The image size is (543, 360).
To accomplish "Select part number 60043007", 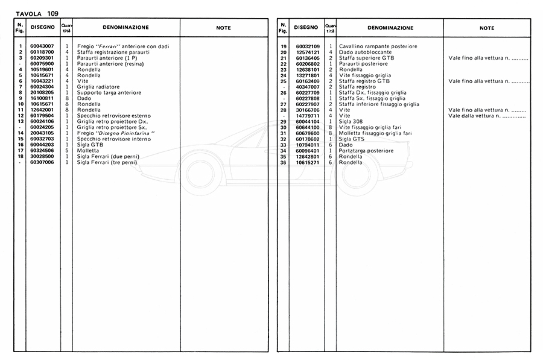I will (x=42, y=46).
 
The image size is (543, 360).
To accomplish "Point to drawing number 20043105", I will (x=42, y=133).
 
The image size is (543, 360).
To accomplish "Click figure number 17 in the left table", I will (x=21, y=151).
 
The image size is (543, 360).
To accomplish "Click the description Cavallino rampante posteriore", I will (x=378, y=46).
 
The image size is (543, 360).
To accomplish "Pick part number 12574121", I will (x=308, y=52).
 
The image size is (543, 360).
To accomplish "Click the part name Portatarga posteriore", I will (x=366, y=151).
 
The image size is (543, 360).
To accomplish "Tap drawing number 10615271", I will (x=308, y=162).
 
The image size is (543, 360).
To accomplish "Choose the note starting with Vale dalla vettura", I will (x=487, y=116).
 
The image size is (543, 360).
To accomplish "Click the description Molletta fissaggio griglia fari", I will (x=375, y=133).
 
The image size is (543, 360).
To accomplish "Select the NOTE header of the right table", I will (x=487, y=28).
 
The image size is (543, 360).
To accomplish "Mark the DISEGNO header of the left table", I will (x=42, y=27).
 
